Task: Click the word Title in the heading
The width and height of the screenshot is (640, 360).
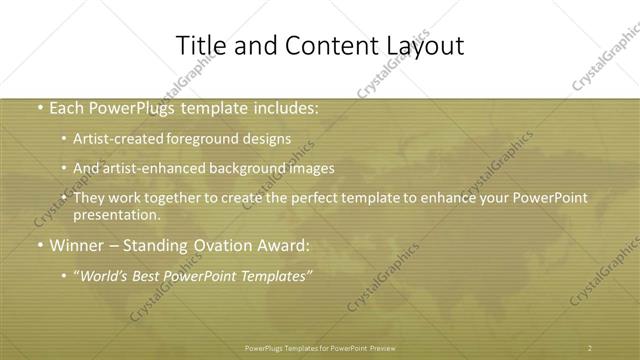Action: click(200, 46)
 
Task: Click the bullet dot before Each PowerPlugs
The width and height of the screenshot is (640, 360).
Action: click(39, 109)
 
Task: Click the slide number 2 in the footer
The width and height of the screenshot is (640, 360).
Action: click(590, 347)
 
